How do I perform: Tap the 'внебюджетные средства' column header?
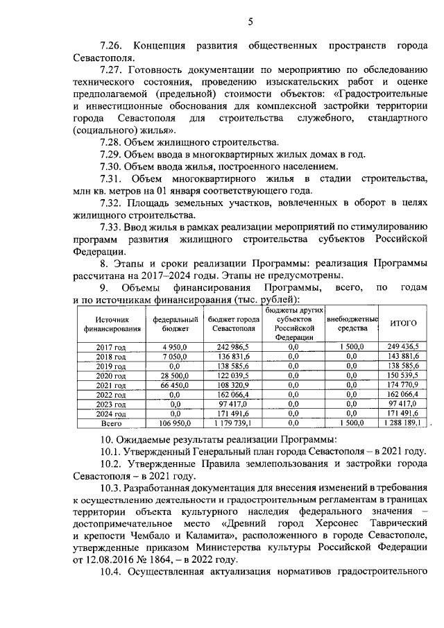(x=352, y=323)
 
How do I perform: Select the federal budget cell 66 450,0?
(x=169, y=384)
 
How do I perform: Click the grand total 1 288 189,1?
(x=404, y=422)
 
